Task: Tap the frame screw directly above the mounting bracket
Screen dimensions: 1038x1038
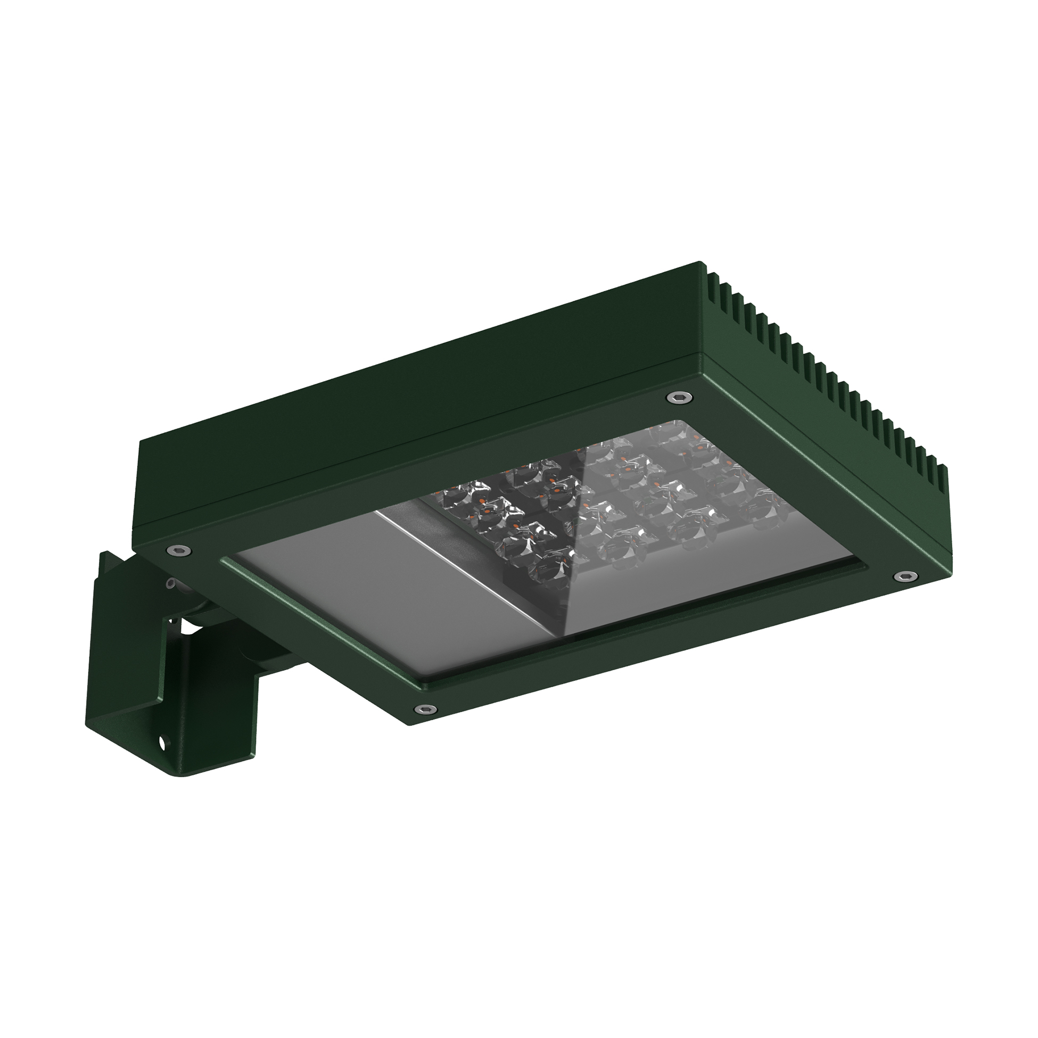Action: tap(178, 549)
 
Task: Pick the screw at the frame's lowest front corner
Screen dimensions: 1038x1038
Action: tap(424, 707)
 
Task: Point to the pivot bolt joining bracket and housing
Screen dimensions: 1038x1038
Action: tap(173, 583)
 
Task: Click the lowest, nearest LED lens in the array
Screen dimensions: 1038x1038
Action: tap(548, 564)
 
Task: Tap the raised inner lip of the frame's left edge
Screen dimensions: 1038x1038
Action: tap(317, 618)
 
